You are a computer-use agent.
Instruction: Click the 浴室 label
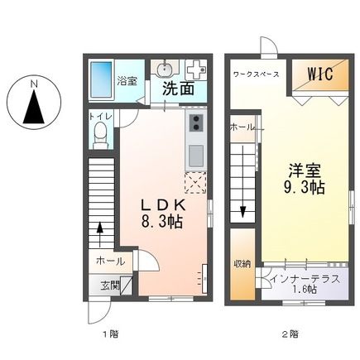[127, 81]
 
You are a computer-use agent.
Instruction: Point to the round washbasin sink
[165, 69]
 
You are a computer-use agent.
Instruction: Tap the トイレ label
[98, 118]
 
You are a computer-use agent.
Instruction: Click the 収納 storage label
[242, 263]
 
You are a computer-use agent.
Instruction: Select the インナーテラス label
[305, 278]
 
